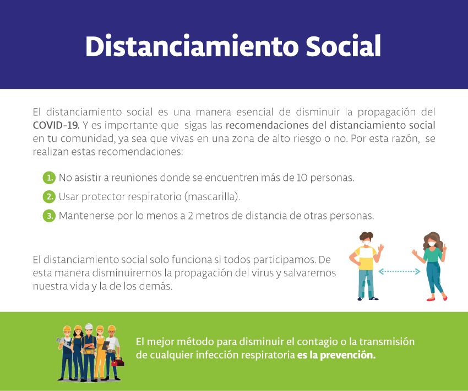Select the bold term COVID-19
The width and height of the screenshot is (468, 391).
[x=56, y=125]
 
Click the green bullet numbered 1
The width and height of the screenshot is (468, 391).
[x=49, y=178]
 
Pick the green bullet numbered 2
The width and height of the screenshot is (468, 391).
[x=49, y=197]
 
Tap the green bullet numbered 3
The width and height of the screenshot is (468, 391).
[x=49, y=216]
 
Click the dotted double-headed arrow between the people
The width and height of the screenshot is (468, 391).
[x=399, y=271]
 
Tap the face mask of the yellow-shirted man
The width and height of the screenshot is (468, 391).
[x=367, y=243]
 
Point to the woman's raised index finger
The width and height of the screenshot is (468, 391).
[x=444, y=247]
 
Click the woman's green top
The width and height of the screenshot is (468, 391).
[x=433, y=255]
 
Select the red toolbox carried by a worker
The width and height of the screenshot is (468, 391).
[x=118, y=362]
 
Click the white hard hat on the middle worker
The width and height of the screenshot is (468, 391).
[x=89, y=326]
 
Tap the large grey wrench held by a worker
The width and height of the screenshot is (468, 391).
[x=63, y=343]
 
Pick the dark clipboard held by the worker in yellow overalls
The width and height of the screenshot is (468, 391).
[x=106, y=346]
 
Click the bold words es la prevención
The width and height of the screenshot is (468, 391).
[x=336, y=355]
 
